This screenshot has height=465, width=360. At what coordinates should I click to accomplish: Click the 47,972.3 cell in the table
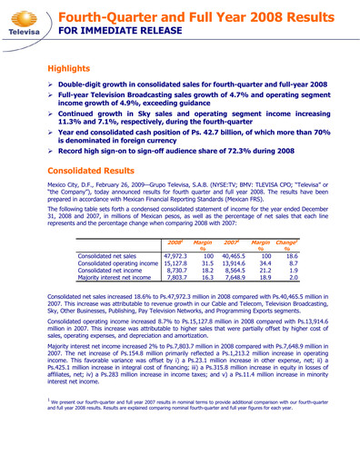point(178,256)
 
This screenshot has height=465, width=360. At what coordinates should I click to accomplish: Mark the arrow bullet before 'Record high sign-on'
point(51,147)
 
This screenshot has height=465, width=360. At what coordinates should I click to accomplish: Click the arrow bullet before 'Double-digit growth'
point(51,83)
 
